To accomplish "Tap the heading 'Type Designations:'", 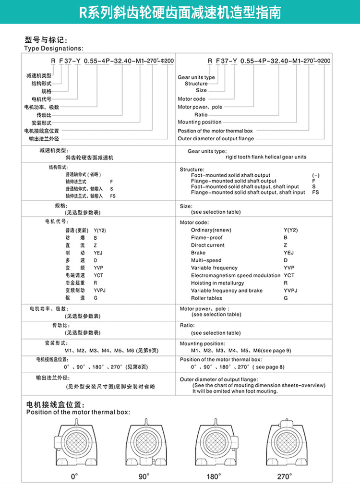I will (53, 48).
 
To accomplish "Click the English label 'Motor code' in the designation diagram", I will (192, 99).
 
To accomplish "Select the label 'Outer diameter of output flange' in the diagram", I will (216, 138).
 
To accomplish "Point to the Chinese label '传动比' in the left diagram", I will (44, 115).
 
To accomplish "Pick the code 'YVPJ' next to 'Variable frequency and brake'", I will (290, 291).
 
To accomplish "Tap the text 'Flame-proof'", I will (207, 238).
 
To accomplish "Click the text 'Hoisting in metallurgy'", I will (216, 283).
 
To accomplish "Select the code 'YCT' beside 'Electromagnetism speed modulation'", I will (289, 275).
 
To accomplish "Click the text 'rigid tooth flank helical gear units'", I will (266, 157).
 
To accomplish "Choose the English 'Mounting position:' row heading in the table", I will (202, 344).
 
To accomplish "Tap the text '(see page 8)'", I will (269, 367).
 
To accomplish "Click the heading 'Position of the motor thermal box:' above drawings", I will (78, 412).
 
